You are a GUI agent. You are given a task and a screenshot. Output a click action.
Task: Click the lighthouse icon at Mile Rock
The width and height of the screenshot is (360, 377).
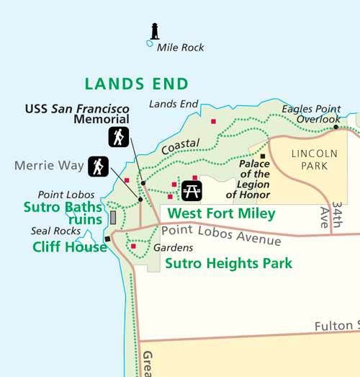153,31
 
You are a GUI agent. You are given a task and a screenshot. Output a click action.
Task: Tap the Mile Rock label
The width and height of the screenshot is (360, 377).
180,48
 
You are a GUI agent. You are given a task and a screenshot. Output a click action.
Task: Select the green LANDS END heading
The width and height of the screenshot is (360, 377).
136,83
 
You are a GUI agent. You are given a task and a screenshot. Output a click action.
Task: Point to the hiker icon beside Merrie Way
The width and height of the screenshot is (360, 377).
98,167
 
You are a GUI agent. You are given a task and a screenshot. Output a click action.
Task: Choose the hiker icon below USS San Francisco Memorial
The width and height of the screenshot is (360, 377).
118,137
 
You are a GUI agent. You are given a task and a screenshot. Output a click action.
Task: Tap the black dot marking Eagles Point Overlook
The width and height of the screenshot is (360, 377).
336,127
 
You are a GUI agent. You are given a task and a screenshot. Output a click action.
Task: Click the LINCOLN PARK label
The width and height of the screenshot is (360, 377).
314,160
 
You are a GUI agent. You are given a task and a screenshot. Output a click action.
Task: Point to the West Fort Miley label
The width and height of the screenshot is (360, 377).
221,213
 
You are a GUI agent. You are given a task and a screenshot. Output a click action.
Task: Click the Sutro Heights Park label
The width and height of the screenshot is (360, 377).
228,263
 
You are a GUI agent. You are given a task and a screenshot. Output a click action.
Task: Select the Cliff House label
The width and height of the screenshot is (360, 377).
70,247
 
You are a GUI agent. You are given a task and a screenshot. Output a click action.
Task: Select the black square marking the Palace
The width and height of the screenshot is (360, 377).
263,156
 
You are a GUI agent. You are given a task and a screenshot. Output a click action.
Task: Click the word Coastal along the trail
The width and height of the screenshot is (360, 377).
180,146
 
